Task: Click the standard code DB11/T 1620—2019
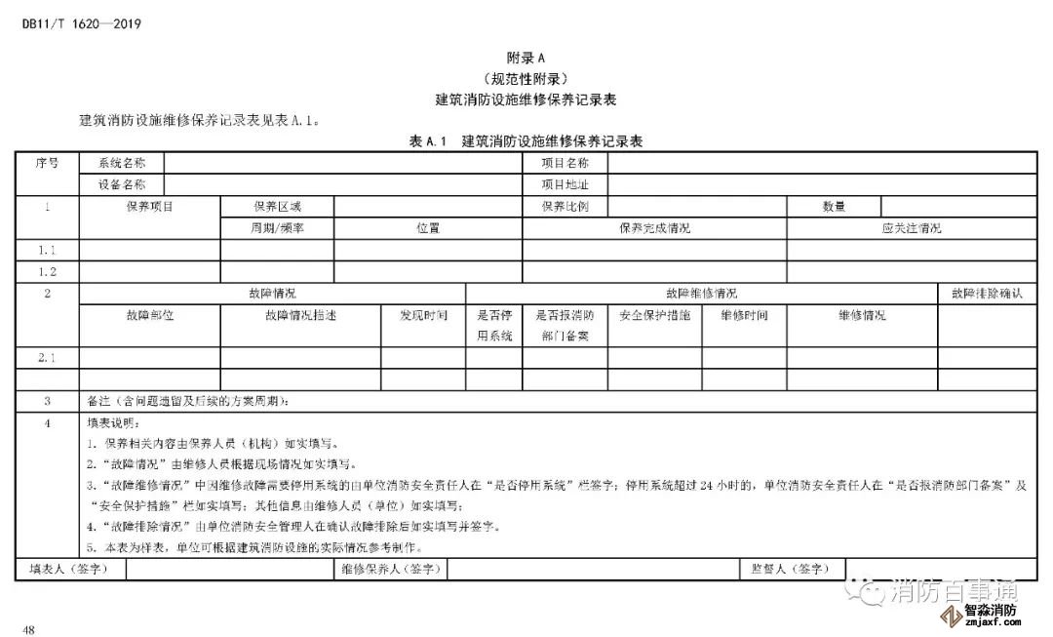pos(82,24)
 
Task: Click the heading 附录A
pos(526,59)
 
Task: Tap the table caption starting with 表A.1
pos(526,142)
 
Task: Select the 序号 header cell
pos(47,164)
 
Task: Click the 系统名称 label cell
pos(122,164)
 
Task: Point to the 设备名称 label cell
pos(122,184)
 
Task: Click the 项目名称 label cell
pos(565,164)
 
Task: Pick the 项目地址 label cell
pos(565,184)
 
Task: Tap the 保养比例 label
pos(565,207)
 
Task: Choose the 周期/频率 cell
pos(277,228)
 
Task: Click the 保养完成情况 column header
pos(654,228)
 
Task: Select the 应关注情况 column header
pos(911,228)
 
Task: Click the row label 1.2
pos(47,272)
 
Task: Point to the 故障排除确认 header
pos(987,294)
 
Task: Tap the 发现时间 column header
pos(423,315)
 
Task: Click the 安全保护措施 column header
pos(654,315)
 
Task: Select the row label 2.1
pos(47,358)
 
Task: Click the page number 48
pos(29,630)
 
